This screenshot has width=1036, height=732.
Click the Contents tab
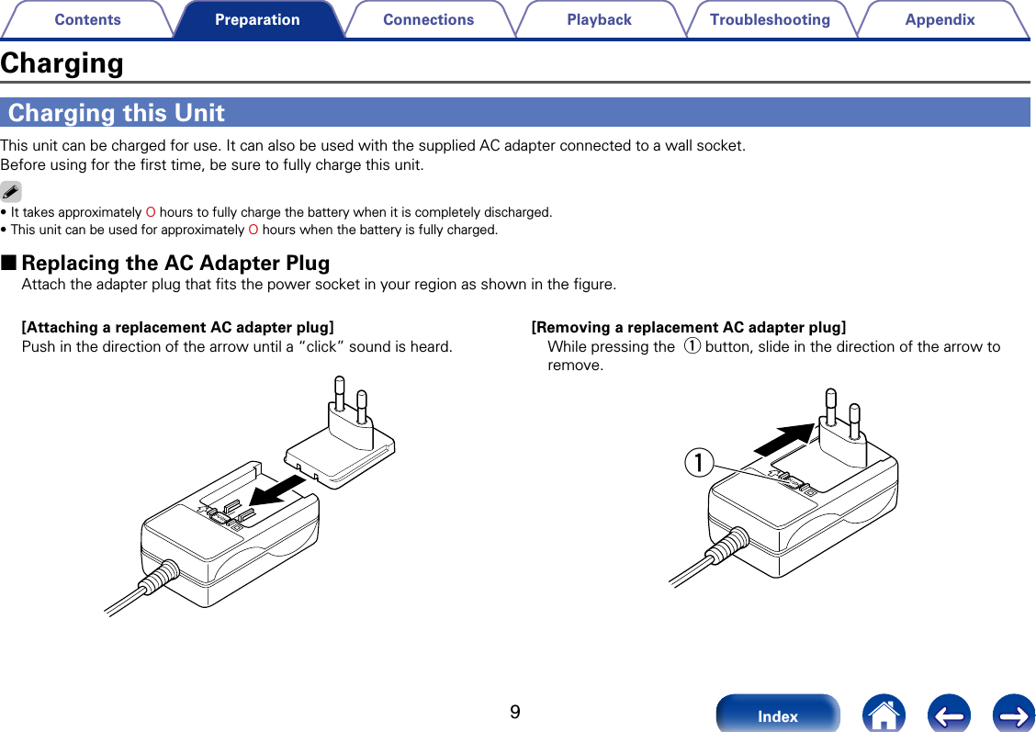(87, 19)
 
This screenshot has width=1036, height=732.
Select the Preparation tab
(257, 19)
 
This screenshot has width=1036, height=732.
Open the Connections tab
(428, 19)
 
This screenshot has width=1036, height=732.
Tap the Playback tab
(599, 19)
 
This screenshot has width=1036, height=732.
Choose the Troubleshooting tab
(770, 19)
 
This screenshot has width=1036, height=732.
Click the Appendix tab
(940, 19)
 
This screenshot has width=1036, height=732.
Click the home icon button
(884, 715)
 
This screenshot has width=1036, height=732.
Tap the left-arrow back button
(949, 715)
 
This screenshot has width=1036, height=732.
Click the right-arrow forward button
(1014, 715)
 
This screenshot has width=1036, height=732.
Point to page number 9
(515, 713)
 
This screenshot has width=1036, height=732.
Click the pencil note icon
(11, 192)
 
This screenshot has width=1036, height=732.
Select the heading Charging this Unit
(117, 113)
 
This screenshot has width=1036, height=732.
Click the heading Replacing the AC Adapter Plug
(175, 263)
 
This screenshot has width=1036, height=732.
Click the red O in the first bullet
(151, 212)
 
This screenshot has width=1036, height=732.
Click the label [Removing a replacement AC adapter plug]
(689, 327)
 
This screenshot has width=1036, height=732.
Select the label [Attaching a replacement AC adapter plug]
(177, 327)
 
